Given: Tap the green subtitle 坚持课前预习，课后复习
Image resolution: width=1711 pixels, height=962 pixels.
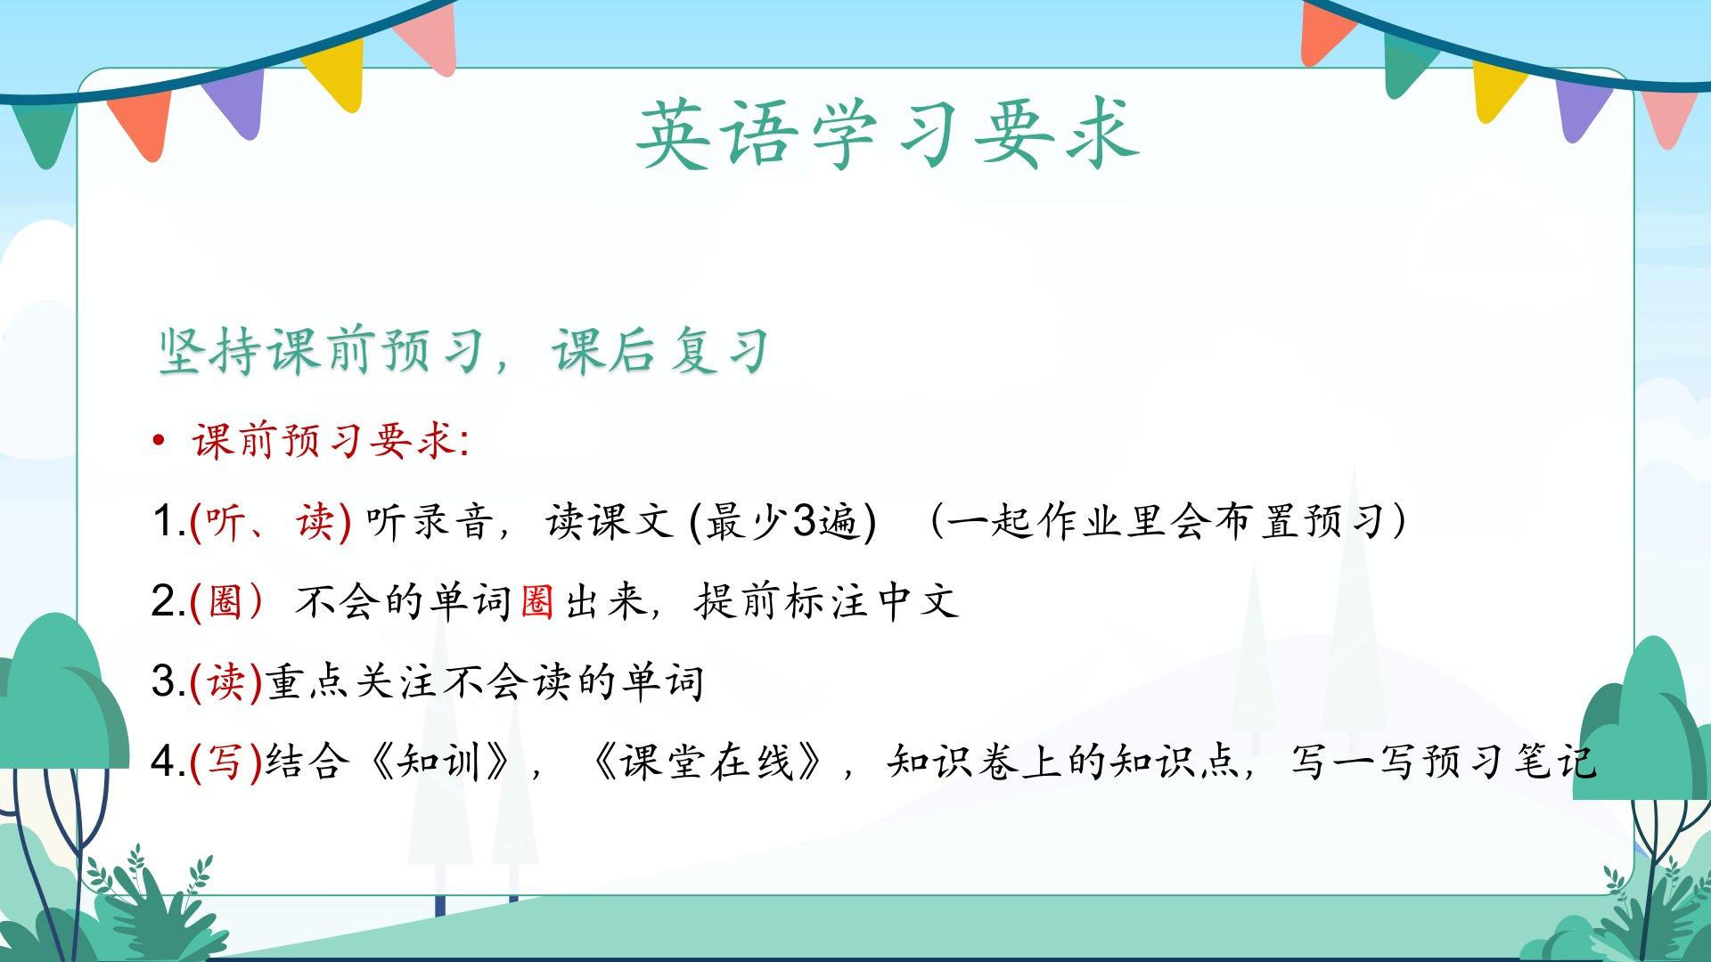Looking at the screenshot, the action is [463, 350].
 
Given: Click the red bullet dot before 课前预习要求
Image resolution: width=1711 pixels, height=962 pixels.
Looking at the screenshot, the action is [159, 440].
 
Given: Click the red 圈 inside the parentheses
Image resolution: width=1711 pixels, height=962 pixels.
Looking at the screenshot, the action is [225, 602].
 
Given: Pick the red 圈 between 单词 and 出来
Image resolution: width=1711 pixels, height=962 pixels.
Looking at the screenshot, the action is [536, 602].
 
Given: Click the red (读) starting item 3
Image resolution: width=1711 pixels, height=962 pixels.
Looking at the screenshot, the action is [226, 682].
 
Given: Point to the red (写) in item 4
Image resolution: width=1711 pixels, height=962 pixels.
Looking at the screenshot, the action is [226, 762].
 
